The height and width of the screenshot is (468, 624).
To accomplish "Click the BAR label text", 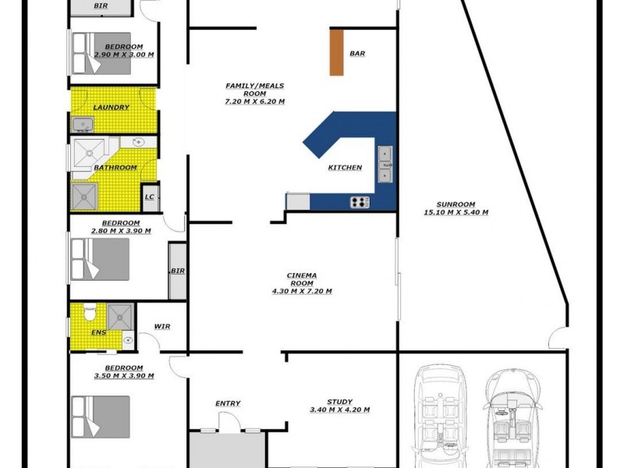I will pos(357,54).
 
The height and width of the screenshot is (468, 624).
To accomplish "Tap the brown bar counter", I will pos(337,52).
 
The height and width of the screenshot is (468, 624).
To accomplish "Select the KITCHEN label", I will pos(345,168).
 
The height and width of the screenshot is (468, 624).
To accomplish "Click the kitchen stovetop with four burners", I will pos(360,202).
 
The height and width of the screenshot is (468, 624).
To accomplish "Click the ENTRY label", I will pos(228,403).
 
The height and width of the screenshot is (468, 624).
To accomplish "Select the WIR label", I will pos(162,326).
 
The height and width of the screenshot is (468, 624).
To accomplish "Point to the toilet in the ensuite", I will pos(90,313).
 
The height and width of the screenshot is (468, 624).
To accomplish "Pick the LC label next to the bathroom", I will pos(150,197).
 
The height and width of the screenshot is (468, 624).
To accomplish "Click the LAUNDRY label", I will pos(111,108).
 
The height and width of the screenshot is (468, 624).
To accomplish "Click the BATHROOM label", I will pos(115,168).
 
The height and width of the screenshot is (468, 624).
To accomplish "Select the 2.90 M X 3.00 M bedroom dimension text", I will pos(124,55).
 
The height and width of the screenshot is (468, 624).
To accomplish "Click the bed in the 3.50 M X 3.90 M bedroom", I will pos(100,417).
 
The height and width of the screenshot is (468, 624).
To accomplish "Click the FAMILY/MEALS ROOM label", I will pos(254,94).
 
